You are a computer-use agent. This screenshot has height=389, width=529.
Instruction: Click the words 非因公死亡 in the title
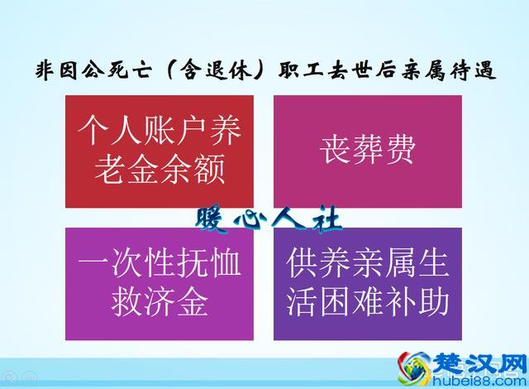coord(89,71)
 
